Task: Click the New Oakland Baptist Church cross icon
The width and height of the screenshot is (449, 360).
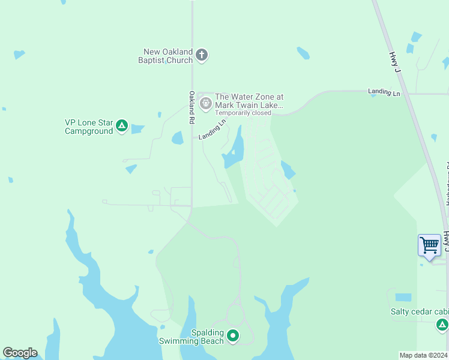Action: (202, 56)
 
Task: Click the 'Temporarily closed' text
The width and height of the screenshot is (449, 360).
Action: (243, 113)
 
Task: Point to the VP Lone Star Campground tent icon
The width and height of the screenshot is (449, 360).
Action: (122, 126)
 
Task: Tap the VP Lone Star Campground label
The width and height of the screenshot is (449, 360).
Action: (89, 127)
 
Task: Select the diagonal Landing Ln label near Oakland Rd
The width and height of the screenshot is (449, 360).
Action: (212, 129)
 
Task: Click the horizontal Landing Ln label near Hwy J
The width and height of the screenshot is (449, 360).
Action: (384, 92)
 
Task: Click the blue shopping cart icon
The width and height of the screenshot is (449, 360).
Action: (429, 245)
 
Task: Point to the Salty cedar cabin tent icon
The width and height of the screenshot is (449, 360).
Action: (442, 325)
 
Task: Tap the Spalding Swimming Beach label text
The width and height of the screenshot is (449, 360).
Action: (191, 337)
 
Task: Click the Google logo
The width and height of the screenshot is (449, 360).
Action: (20, 353)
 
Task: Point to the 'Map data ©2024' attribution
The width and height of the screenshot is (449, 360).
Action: (423, 355)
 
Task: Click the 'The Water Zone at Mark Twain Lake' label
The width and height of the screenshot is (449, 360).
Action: (249, 101)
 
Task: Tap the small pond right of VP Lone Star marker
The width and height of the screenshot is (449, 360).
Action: (137, 128)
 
